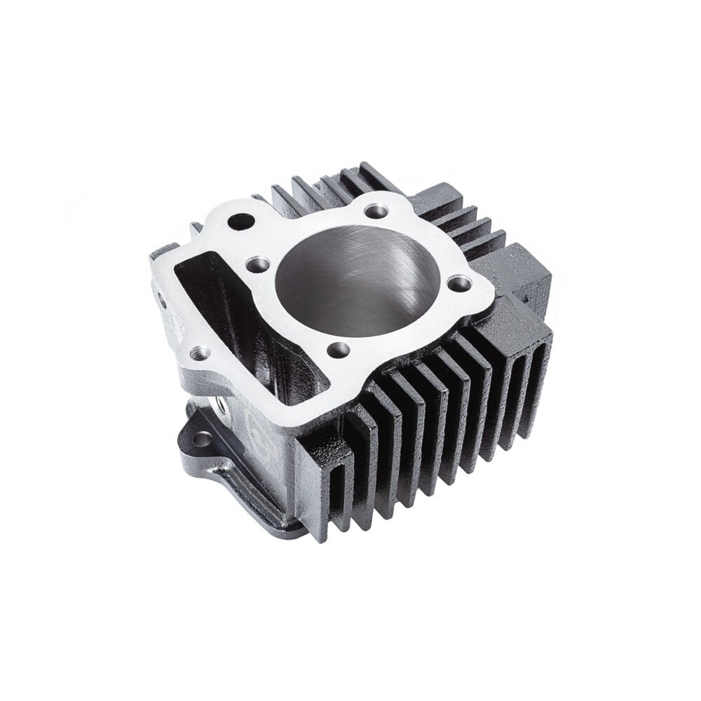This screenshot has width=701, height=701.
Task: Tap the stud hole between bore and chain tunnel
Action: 257,264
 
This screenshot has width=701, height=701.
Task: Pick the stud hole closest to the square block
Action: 459,283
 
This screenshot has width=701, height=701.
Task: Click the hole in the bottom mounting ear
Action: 202,440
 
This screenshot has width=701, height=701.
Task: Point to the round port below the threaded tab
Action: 223,404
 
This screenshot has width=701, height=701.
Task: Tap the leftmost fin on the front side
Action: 326,484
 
